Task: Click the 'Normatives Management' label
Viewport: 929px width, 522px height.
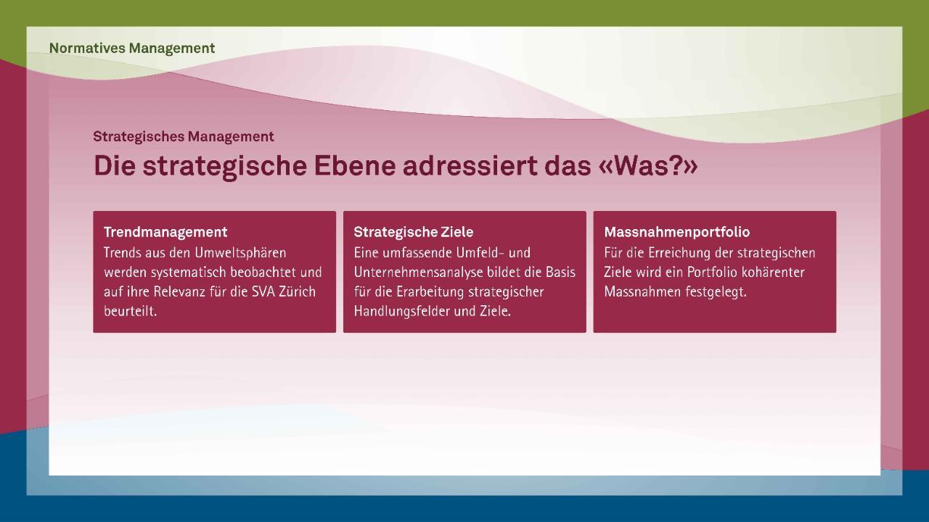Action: (132, 48)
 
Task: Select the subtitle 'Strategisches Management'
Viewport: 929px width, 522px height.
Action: (184, 137)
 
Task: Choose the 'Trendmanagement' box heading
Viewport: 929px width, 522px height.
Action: (165, 232)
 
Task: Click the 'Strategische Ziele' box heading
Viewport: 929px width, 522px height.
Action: (414, 232)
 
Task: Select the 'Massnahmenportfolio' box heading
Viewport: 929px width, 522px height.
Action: (677, 232)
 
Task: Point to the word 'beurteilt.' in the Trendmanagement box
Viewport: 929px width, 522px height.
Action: (130, 311)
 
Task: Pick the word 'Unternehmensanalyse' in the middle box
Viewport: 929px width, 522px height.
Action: (419, 272)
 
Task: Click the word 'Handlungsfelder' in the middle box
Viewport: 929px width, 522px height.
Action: (402, 311)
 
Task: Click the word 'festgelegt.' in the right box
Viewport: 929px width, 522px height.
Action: (716, 291)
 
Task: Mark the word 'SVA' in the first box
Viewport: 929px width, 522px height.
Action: (263, 291)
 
